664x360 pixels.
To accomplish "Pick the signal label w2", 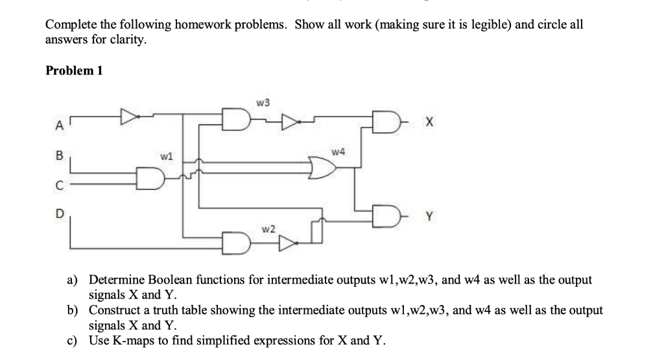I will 268,229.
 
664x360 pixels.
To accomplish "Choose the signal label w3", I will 263,102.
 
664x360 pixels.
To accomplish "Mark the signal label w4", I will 337,152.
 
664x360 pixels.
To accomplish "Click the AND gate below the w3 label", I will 235,119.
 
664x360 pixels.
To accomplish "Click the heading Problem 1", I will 74,70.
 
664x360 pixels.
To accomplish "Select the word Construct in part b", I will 115,310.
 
